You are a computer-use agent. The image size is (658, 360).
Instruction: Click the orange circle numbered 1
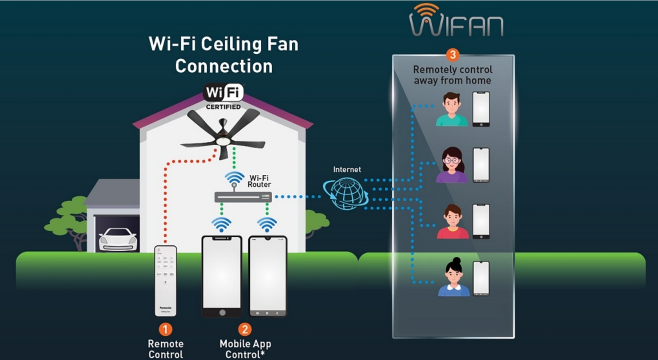[165, 329]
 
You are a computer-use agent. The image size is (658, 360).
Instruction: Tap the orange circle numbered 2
[245, 329]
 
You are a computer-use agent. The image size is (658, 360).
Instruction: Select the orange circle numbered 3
[452, 55]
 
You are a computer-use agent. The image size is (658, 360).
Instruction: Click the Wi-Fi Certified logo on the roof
[223, 96]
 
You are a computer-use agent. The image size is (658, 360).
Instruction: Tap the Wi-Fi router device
[243, 197]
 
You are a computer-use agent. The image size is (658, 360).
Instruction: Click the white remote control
[165, 280]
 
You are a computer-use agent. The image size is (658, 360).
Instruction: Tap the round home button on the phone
[222, 313]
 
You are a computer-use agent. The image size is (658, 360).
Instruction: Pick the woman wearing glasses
[452, 165]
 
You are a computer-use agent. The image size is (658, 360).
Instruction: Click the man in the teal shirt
[452, 109]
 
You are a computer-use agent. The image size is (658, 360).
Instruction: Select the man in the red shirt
[453, 222]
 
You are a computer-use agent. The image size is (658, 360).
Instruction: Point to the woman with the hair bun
[454, 277]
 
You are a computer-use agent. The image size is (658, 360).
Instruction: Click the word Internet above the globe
[347, 169]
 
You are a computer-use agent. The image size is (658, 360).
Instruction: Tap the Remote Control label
[165, 349]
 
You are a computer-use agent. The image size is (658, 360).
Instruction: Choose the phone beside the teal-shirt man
[481, 109]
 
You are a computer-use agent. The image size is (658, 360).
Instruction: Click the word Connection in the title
[224, 66]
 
